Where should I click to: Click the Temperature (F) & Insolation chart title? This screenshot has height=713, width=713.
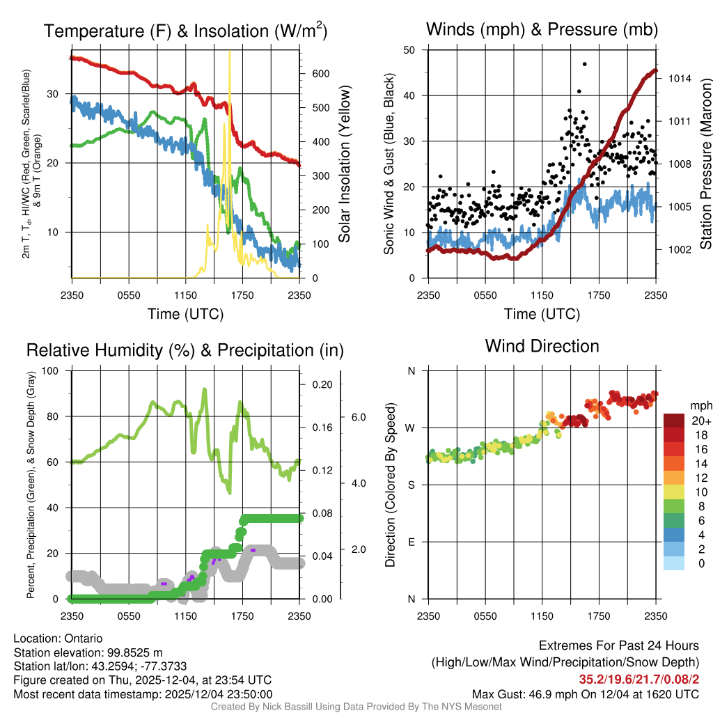tap(185, 31)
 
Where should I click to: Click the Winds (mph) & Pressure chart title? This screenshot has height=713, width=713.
tap(542, 29)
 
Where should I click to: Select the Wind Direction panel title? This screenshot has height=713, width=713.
tap(542, 346)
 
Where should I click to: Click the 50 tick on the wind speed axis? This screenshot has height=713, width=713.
tap(409, 50)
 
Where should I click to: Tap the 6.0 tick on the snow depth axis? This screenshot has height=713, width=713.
tap(358, 417)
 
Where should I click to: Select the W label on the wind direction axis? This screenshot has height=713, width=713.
tap(410, 428)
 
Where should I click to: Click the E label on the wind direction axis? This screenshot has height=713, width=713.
tap(411, 542)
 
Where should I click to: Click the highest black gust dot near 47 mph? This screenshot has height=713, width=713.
tap(585, 64)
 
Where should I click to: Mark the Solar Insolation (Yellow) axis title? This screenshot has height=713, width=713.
tap(344, 164)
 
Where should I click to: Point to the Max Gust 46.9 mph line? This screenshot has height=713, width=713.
tap(585, 694)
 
